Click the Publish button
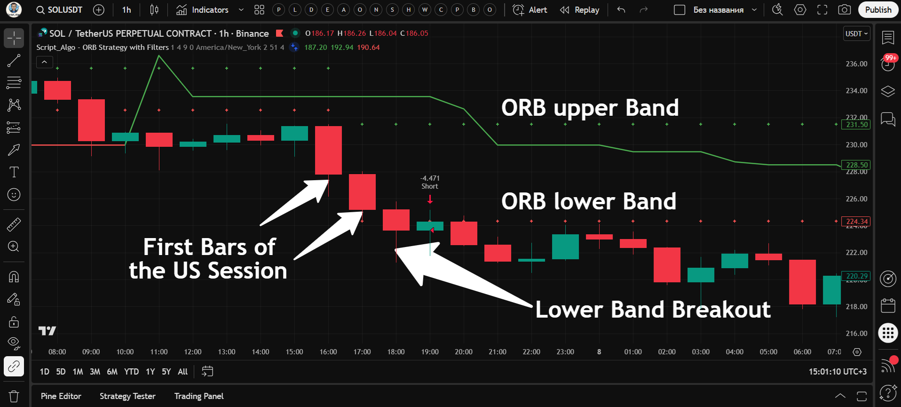click(x=877, y=10)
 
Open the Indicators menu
click(x=203, y=10)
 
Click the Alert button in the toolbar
click(x=530, y=10)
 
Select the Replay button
click(x=580, y=10)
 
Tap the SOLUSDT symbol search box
click(x=60, y=10)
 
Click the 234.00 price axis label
click(x=856, y=90)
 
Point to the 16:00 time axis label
click(x=328, y=352)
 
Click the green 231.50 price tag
click(x=857, y=125)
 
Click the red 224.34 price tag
click(x=857, y=222)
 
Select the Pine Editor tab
click(x=61, y=396)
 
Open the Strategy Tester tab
click(x=127, y=396)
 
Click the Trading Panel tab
click(x=199, y=396)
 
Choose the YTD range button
click(x=131, y=372)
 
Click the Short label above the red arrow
click(x=430, y=186)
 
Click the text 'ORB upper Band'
click(x=590, y=108)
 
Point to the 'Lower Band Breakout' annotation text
click(x=653, y=310)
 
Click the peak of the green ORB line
click(x=159, y=56)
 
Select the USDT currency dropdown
click(x=856, y=34)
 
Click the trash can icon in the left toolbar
click(x=14, y=396)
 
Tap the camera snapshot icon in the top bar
click(x=845, y=10)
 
